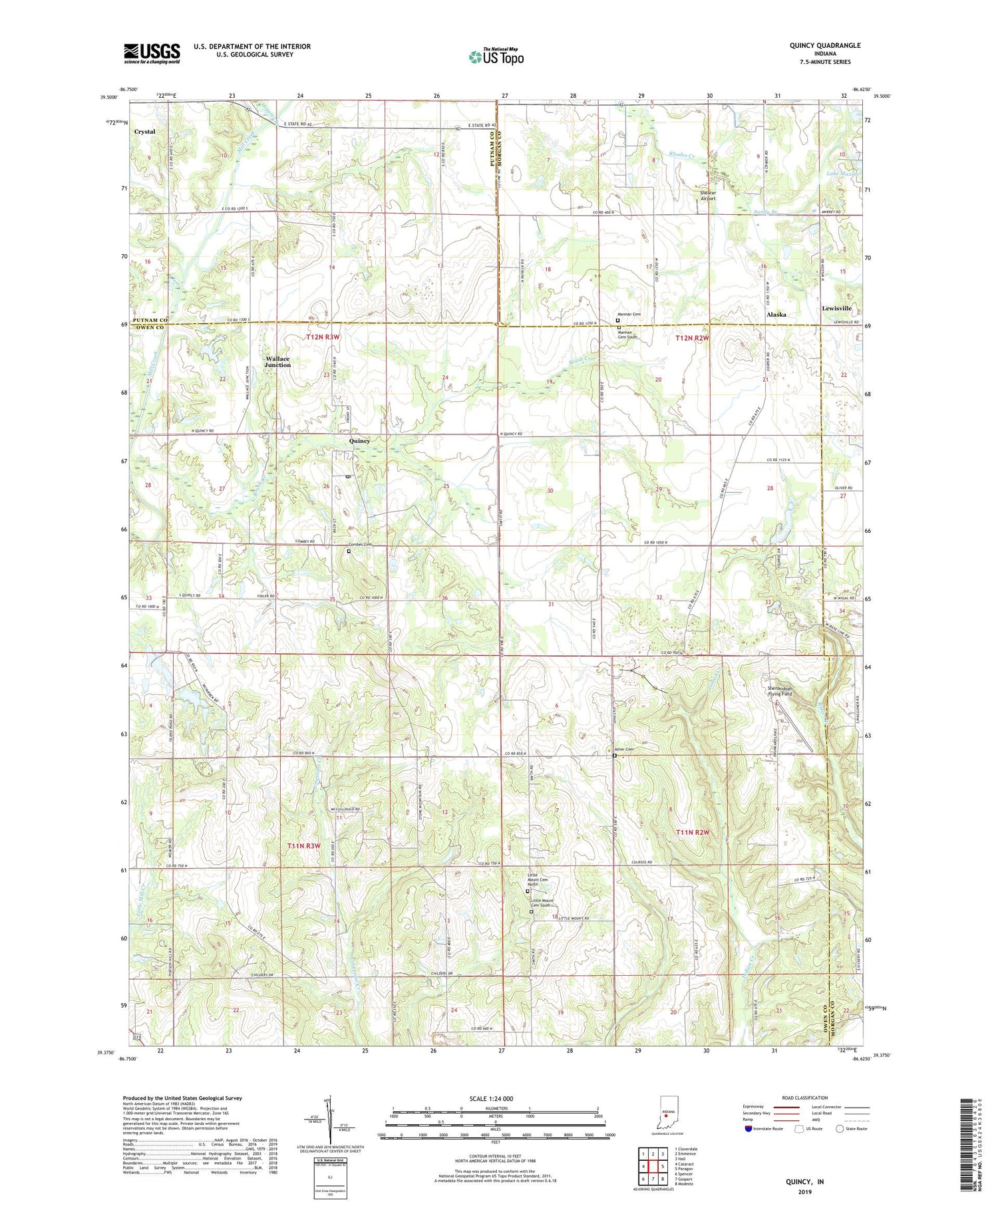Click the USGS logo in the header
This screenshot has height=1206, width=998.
tap(152, 53)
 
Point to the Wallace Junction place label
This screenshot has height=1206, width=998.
tap(277, 361)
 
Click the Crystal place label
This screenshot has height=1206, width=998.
tap(144, 132)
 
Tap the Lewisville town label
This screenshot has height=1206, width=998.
tap(836, 308)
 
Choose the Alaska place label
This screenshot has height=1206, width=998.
tap(776, 314)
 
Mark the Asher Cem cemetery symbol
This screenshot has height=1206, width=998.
tap(614, 756)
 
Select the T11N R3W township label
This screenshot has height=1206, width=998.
tap(304, 845)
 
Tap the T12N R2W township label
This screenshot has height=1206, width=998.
tap(692, 338)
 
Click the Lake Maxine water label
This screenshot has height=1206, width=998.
tap(842, 174)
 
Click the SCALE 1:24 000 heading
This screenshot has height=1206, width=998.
tap(492, 1098)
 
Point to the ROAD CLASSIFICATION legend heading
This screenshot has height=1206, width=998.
tap(805, 1098)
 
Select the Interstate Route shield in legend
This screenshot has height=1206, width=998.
tap(748, 1129)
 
